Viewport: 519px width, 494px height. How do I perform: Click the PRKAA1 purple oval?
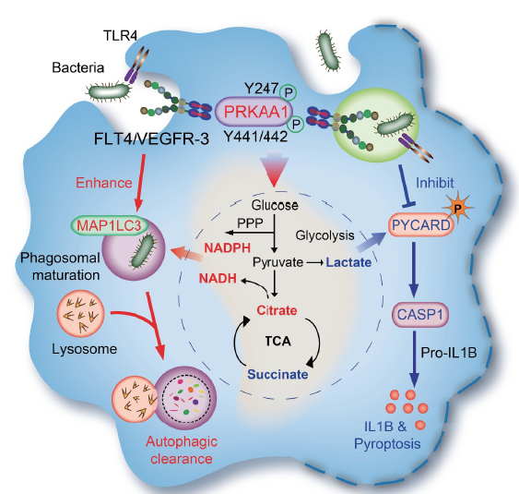[x=254, y=112]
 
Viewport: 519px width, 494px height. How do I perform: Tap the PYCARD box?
[x=420, y=225]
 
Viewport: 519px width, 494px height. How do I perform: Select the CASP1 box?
[x=420, y=314]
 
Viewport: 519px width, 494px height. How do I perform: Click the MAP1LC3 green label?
[x=110, y=225]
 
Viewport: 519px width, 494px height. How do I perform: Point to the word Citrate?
[x=277, y=310]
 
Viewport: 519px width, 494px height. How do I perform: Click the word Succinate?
[x=277, y=374]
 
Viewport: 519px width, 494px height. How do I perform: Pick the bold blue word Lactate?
[x=348, y=262]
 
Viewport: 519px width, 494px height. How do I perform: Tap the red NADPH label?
[x=227, y=247]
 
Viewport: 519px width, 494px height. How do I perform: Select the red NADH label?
[x=218, y=279]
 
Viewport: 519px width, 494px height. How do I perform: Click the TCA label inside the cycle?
[x=278, y=341]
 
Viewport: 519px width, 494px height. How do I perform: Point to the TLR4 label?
[x=120, y=35]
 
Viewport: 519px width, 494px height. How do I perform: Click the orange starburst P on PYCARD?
[x=458, y=208]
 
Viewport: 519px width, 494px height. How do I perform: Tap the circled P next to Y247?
[x=289, y=93]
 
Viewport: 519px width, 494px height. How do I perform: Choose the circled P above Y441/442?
[x=296, y=125]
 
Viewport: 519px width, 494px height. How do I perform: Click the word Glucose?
[x=275, y=205]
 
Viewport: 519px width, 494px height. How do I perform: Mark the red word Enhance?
[x=104, y=183]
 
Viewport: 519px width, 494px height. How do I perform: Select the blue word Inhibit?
[x=434, y=183]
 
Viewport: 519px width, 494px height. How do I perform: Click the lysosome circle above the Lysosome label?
[x=81, y=314]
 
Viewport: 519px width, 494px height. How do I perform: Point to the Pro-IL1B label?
[x=449, y=353]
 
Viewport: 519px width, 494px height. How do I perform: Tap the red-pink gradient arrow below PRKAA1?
[x=275, y=168]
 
